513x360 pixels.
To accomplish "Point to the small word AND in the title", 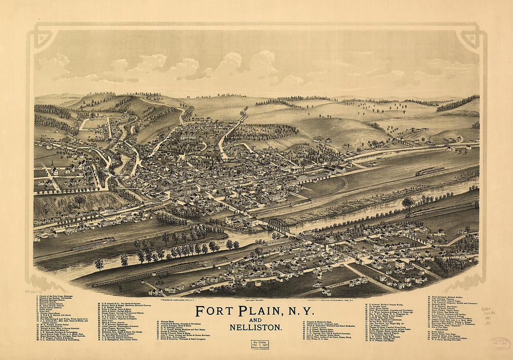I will coord(255,320).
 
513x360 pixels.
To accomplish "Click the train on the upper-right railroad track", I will coord(430,171).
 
